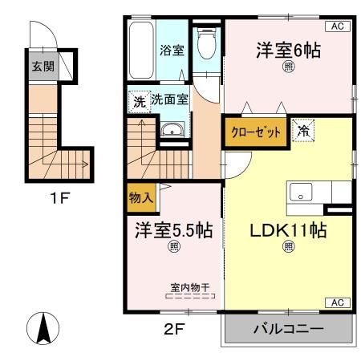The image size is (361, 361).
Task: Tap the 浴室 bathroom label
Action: pos(172,50)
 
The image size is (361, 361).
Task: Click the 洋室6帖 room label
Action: pos(288,51)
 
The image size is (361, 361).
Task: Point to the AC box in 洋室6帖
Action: pos(337,26)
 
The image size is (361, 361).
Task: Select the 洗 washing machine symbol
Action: pos(139,102)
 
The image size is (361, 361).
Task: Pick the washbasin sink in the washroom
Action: pos(171,132)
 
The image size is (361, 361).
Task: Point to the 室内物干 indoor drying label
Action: pos(191,286)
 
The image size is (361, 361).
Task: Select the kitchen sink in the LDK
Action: pos(302,193)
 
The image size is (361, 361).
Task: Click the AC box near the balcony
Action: pos(337,302)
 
